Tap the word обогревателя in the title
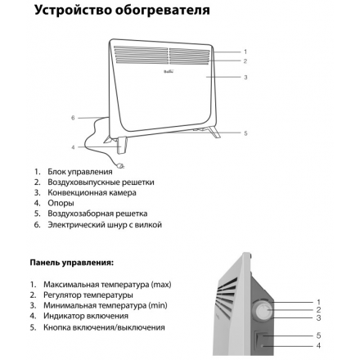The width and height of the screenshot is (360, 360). pyautogui.click(x=163, y=11)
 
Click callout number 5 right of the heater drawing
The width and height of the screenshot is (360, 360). pyautogui.click(x=245, y=133)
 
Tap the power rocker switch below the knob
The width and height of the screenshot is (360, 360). pyautogui.click(x=260, y=338)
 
